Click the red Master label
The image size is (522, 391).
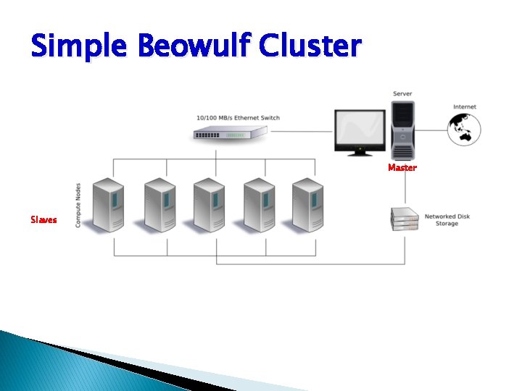pyautogui.click(x=402, y=167)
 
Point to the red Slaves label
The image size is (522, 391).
pyautogui.click(x=43, y=219)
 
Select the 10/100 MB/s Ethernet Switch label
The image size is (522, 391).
pyautogui.click(x=238, y=117)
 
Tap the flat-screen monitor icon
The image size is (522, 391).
pyautogui.click(x=360, y=132)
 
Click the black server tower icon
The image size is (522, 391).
pyautogui.click(x=402, y=129)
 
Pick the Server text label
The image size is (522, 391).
pyautogui.click(x=402, y=93)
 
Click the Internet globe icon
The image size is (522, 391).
pyautogui.click(x=463, y=128)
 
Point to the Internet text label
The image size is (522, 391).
pyautogui.click(x=465, y=107)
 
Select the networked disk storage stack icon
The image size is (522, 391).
pyautogui.click(x=405, y=219)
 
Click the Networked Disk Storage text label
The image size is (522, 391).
pyautogui.click(x=447, y=219)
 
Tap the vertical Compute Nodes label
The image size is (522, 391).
pyautogui.click(x=78, y=205)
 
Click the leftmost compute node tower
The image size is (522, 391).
pyautogui.click(x=110, y=205)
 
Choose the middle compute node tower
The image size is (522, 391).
pyautogui.click(x=210, y=205)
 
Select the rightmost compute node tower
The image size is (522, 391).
pyautogui.click(x=308, y=205)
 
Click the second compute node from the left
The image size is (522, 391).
pyautogui.click(x=160, y=205)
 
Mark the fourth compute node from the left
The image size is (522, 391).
pyautogui.click(x=259, y=205)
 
